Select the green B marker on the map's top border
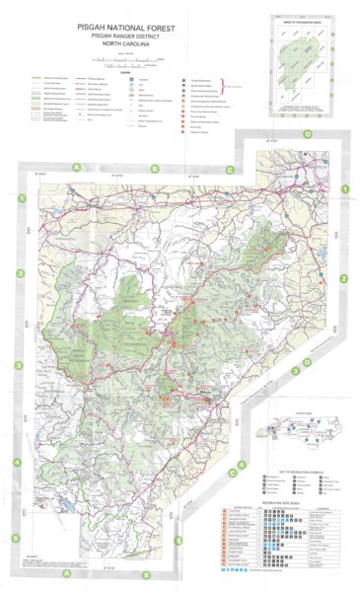click(x=153, y=169)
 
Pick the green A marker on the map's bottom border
click(x=65, y=574)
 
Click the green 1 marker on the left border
click(x=21, y=199)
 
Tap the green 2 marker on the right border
click(x=344, y=280)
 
